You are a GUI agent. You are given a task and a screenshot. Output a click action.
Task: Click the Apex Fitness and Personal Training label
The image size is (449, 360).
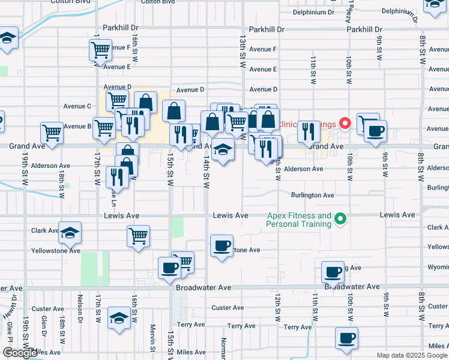click(299, 220)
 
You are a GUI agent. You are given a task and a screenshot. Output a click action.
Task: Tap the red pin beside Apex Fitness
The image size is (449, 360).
click(340, 219)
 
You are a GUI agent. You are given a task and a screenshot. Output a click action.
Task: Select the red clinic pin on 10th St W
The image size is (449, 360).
click(345, 124)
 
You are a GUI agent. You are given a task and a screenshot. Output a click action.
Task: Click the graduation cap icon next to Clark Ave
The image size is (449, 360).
click(70, 232)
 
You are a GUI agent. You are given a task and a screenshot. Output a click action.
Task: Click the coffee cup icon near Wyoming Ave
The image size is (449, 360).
click(332, 271)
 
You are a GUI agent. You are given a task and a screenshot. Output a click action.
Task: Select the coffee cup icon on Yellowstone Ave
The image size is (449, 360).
click(221, 245)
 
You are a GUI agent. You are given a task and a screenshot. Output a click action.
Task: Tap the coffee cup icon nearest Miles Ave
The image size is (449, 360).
click(346, 337)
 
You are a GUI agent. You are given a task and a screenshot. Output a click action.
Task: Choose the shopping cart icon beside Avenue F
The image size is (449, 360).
click(100, 49)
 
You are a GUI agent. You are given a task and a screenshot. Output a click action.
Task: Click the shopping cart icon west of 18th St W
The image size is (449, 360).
click(52, 132)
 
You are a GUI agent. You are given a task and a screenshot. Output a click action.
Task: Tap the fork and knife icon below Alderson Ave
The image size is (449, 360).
click(116, 176)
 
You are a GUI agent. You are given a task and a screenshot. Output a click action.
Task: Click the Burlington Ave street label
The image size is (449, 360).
click(312, 196)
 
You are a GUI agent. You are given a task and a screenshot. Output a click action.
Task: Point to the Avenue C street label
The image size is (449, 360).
click(77, 106)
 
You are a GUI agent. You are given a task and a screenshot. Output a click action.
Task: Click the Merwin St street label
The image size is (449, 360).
click(153, 332)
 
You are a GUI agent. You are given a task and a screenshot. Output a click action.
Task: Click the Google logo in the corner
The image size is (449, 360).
click(20, 353)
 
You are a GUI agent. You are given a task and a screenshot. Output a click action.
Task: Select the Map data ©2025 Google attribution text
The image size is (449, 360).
click(411, 355)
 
